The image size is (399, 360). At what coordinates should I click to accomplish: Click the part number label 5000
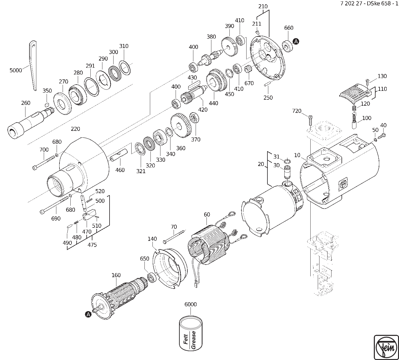click(15, 70)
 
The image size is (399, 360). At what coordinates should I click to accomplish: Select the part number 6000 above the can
click(190, 305)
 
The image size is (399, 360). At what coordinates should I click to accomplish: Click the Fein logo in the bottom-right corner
click(386, 347)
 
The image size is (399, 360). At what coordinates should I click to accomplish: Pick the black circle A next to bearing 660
click(296, 41)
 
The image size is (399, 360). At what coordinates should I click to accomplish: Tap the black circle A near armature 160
click(88, 314)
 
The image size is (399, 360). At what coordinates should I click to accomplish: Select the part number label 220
click(76, 129)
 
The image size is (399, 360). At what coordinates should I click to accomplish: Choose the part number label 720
click(297, 111)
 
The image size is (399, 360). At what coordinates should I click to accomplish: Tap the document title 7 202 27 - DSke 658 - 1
click(369, 4)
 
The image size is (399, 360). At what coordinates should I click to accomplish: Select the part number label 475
click(92, 245)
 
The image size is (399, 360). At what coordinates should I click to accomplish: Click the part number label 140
click(152, 239)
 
